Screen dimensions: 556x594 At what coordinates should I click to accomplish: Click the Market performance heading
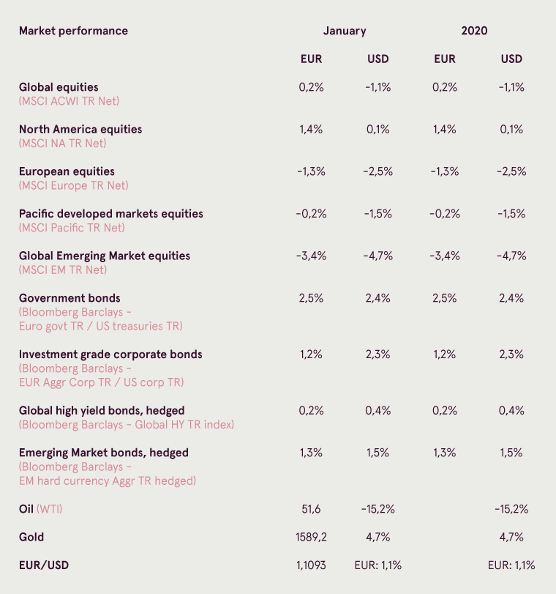(x=73, y=31)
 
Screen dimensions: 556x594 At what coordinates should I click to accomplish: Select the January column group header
(x=345, y=31)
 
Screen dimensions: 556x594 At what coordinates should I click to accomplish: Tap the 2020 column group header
(x=474, y=31)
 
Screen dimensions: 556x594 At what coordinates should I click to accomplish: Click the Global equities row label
(x=59, y=87)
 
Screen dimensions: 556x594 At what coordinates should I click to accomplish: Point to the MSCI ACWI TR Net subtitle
(x=69, y=101)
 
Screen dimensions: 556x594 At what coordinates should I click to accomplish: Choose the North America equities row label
(x=80, y=129)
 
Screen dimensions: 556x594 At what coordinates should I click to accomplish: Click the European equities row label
(x=67, y=171)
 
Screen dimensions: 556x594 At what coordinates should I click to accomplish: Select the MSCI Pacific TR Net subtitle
(x=72, y=228)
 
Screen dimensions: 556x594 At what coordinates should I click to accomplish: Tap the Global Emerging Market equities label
(x=105, y=256)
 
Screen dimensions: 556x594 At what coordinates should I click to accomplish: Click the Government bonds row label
(x=69, y=298)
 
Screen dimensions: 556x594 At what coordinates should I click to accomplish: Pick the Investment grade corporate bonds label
(x=110, y=354)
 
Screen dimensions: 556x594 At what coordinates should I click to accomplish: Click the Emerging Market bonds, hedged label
(x=104, y=453)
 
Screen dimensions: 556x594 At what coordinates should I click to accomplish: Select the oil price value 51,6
(x=311, y=509)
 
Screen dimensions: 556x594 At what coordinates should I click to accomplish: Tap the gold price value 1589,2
(x=311, y=537)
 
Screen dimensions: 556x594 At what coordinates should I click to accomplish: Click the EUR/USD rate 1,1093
(x=311, y=565)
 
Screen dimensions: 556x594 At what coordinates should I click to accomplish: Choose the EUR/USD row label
(x=44, y=565)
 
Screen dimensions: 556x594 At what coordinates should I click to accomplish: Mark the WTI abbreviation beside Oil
(x=49, y=509)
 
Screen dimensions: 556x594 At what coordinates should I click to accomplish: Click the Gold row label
(x=31, y=537)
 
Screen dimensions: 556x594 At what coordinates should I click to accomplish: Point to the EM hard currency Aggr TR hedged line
(x=108, y=480)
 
